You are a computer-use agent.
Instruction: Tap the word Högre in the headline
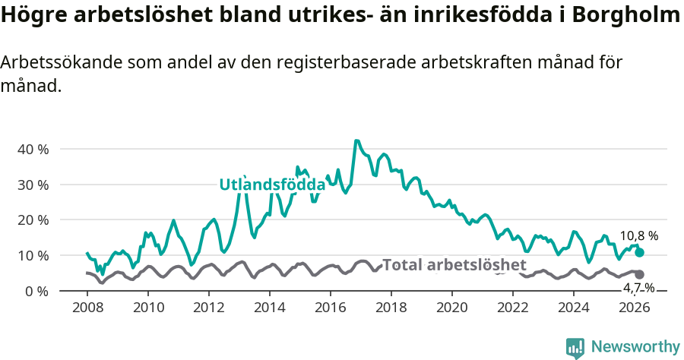coord(31,16)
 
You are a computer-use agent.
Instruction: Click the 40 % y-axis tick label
coord(33,150)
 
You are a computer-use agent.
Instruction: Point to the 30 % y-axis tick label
coord(33,185)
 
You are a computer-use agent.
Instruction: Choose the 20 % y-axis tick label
coord(33,220)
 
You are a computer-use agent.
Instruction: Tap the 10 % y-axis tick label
coord(33,255)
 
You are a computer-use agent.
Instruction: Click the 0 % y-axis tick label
coord(36,291)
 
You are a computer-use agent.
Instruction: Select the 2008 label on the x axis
coord(87,308)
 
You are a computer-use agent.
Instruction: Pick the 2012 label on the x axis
coord(209,308)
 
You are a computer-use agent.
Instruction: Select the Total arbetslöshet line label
coord(454,265)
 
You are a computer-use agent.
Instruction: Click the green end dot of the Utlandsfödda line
coord(639,252)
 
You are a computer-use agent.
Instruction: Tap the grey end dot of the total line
coord(639,274)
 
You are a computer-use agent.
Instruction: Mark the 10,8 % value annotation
coord(638,236)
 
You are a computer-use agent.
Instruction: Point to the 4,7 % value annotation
coord(638,288)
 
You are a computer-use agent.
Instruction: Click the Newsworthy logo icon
coord(575,347)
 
